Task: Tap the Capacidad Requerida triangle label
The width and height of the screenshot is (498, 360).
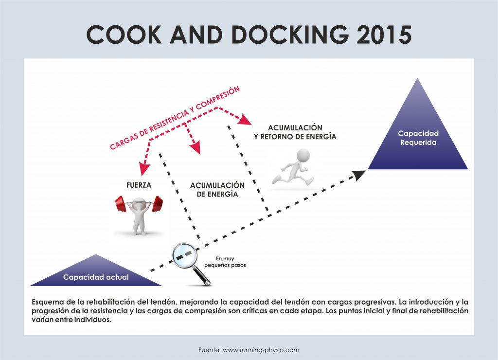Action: pos(418,138)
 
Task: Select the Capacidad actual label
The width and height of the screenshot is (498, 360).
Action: pos(96,277)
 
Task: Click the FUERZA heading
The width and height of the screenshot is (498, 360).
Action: pos(138,185)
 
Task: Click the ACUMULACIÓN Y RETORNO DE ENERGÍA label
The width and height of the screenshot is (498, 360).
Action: pos(295,132)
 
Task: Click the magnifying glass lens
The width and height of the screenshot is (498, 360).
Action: pos(184,255)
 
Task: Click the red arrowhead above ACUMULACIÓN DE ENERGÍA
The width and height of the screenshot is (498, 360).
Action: pos(195,148)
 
